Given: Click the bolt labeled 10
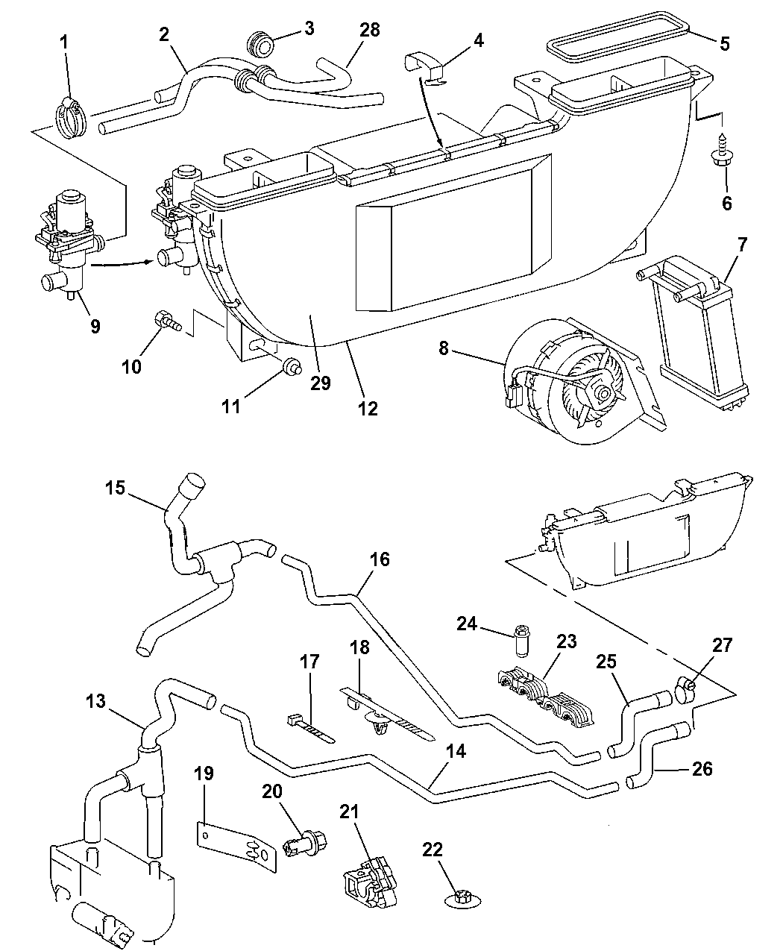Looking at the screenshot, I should pyautogui.click(x=168, y=323).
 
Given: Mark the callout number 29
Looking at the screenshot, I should pyautogui.click(x=321, y=383).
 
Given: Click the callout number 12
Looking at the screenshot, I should pyautogui.click(x=368, y=408).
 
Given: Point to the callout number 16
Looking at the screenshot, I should pyautogui.click(x=379, y=559).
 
